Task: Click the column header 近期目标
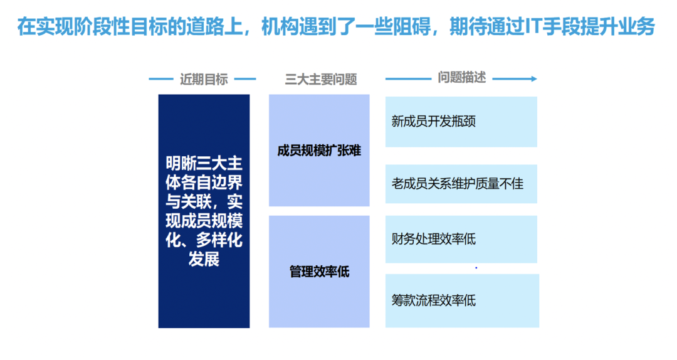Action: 204,79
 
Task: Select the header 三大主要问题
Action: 321,79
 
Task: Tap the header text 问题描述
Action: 461,77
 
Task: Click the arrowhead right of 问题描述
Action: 534,78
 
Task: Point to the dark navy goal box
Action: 204,211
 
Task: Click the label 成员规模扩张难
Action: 319,151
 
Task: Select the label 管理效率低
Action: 319,272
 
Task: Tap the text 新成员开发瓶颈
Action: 434,122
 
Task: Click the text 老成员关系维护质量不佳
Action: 457,184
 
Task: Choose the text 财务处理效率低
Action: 434,239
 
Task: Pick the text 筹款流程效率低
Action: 434,300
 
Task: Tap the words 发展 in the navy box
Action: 204,259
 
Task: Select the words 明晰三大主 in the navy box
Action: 204,163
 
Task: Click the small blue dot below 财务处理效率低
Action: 476,268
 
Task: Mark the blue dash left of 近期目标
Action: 161,79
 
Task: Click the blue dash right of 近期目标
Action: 245,79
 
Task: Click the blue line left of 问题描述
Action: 408,78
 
